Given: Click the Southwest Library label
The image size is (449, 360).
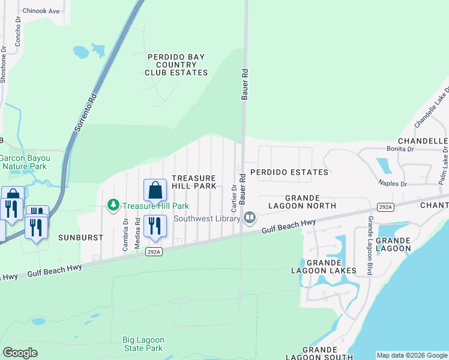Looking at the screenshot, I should pos(207,218).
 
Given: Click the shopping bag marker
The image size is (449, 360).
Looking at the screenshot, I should pos(155,191).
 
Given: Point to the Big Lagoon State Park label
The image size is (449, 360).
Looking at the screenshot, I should pos(143,344).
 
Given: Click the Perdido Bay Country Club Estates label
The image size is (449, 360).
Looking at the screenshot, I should pos(176,65).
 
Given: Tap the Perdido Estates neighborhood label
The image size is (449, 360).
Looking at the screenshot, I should pos(289,172).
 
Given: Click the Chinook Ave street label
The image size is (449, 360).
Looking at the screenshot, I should pos(41,11).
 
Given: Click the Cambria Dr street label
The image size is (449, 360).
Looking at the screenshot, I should pos(125,228).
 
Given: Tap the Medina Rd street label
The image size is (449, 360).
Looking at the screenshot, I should pos(137,228).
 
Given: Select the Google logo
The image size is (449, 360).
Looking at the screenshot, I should pos(20,353).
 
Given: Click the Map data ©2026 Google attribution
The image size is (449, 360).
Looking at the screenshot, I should pos(412,355).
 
